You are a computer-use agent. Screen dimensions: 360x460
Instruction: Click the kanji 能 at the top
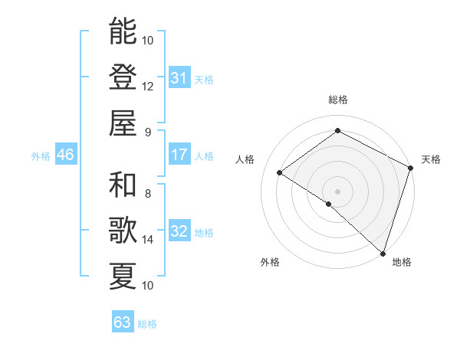click(123, 31)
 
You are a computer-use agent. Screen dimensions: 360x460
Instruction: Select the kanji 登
click(123, 77)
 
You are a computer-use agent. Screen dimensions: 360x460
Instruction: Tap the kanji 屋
click(123, 123)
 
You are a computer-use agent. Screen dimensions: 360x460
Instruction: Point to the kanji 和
click(123, 185)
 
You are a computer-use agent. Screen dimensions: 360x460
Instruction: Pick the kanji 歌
click(123, 231)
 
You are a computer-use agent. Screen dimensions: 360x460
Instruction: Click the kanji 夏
click(123, 277)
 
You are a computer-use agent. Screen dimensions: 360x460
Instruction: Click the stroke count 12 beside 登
click(148, 86)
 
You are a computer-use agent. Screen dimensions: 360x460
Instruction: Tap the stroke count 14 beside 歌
click(148, 240)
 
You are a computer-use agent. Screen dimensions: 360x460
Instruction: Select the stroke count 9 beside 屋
click(148, 132)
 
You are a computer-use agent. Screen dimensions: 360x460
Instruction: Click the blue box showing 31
click(179, 77)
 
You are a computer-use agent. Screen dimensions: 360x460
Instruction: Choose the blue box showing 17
click(179, 155)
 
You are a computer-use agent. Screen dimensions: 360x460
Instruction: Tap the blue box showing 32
click(179, 231)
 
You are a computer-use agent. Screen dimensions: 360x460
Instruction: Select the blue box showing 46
click(65, 155)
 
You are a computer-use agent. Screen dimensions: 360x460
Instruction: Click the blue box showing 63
click(122, 322)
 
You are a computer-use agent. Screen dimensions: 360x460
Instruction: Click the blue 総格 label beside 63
click(147, 324)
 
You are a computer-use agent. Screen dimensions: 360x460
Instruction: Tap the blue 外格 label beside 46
click(41, 156)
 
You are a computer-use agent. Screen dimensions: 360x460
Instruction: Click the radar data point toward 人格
click(280, 173)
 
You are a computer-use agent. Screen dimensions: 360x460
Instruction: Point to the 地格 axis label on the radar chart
click(402, 262)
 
